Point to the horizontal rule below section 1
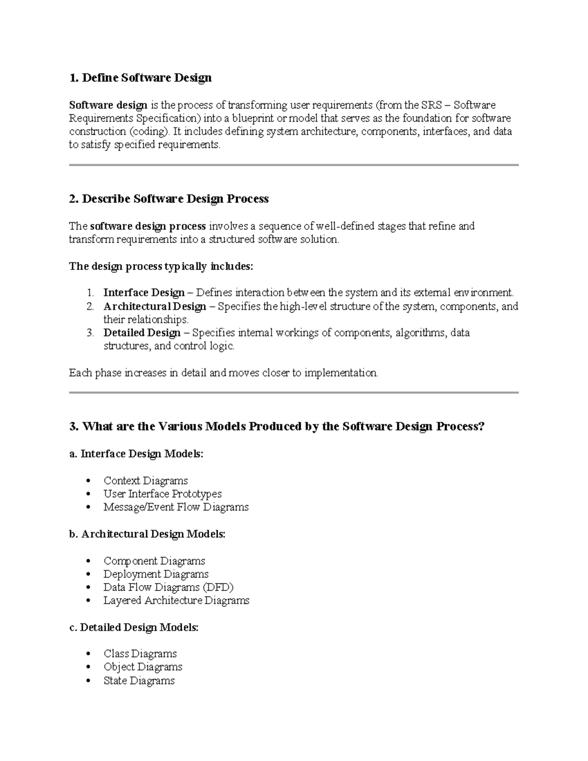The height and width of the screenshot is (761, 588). pos(294,165)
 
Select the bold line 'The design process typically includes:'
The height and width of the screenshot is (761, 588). pos(161,266)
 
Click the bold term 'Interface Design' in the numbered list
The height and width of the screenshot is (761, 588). pos(144,293)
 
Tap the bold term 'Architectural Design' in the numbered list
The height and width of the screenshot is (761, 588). pos(154,306)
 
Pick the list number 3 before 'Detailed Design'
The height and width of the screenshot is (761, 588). pos(90,333)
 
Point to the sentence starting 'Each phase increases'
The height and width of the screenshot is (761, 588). pos(223,373)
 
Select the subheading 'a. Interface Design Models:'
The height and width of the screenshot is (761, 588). pos(136,454)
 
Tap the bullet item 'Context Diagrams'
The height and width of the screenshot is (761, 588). pos(146,481)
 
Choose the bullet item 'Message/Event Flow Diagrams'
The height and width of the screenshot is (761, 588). pos(176,507)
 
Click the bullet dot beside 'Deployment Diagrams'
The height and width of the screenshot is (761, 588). pos(88,574)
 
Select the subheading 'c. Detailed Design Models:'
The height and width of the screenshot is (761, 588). pos(134,627)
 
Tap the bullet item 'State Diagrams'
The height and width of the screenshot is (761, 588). pos(139,681)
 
